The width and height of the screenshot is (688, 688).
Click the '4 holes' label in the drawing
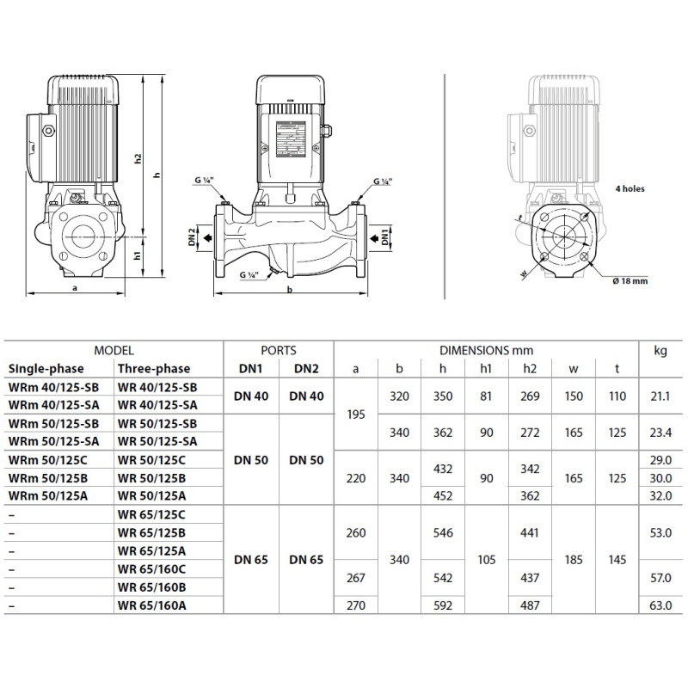630,188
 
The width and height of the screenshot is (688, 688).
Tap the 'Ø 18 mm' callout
630,281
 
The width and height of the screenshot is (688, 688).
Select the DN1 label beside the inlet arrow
384,237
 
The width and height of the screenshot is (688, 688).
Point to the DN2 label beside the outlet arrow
192,237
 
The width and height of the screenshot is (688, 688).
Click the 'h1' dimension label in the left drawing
138,255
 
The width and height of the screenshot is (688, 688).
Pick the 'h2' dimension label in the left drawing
138,159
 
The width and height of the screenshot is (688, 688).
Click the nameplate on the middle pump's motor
291,138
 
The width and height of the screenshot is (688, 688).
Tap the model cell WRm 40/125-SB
53,388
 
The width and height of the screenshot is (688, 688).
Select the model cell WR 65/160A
152,605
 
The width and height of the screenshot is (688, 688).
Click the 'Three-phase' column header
154,369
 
